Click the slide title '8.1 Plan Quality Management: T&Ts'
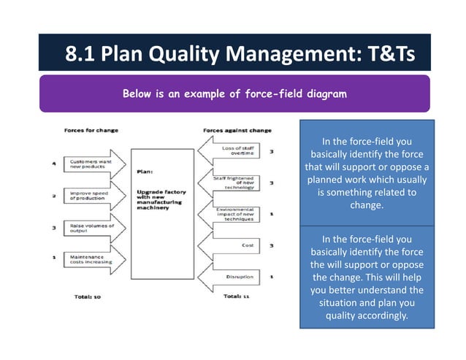(234, 53)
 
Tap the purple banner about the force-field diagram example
(234, 93)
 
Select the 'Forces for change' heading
(86, 131)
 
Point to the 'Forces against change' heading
(236, 131)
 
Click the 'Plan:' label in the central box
(144, 173)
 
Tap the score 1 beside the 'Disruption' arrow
(272, 277)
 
